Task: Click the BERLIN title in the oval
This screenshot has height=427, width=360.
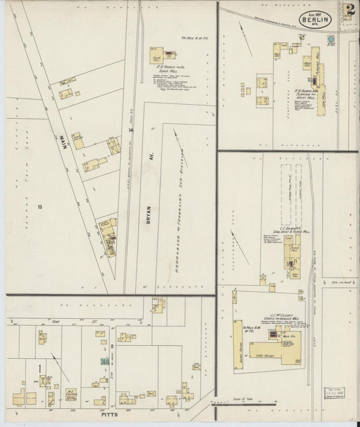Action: pos(316,20)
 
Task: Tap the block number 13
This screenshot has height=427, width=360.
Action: pos(40,207)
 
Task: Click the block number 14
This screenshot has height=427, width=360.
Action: pos(132,130)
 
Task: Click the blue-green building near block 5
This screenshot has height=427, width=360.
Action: pos(105,362)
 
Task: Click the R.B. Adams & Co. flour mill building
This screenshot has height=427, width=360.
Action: pos(159,59)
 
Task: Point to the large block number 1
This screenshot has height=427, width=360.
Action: pos(41,368)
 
